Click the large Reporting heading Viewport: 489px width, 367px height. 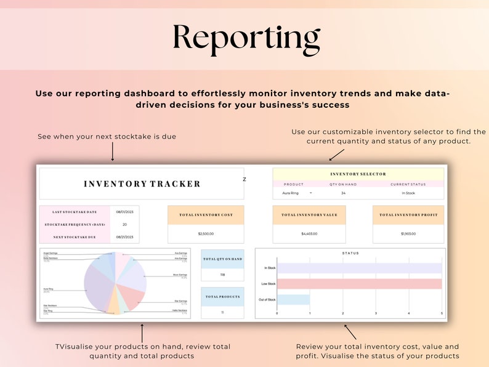coord(246,38)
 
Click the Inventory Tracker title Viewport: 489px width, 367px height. coord(142,183)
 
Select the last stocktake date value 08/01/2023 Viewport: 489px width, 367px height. coord(125,211)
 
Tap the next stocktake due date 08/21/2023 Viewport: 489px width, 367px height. coord(125,236)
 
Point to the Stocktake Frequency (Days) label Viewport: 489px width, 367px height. coord(75,224)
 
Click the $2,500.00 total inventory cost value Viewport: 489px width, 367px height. coord(206,234)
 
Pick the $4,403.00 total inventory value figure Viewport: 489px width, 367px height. coord(309,234)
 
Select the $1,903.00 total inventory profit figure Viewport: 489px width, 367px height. coord(408,234)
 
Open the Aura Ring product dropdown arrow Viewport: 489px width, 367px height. coord(310,193)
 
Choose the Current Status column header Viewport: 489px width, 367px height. coord(408,184)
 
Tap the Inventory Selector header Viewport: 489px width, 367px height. coord(358,174)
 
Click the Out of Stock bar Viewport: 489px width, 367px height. coord(293,299)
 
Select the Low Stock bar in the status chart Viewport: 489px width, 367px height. coord(359,284)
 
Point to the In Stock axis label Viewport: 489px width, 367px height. coord(270,268)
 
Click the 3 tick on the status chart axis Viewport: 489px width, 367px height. coord(376,313)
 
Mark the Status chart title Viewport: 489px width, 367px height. coord(350,253)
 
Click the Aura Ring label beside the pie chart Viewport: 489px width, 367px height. coord(48,288)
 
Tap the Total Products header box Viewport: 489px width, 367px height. coord(222,297)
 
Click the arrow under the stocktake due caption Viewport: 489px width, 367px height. coord(113,151)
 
